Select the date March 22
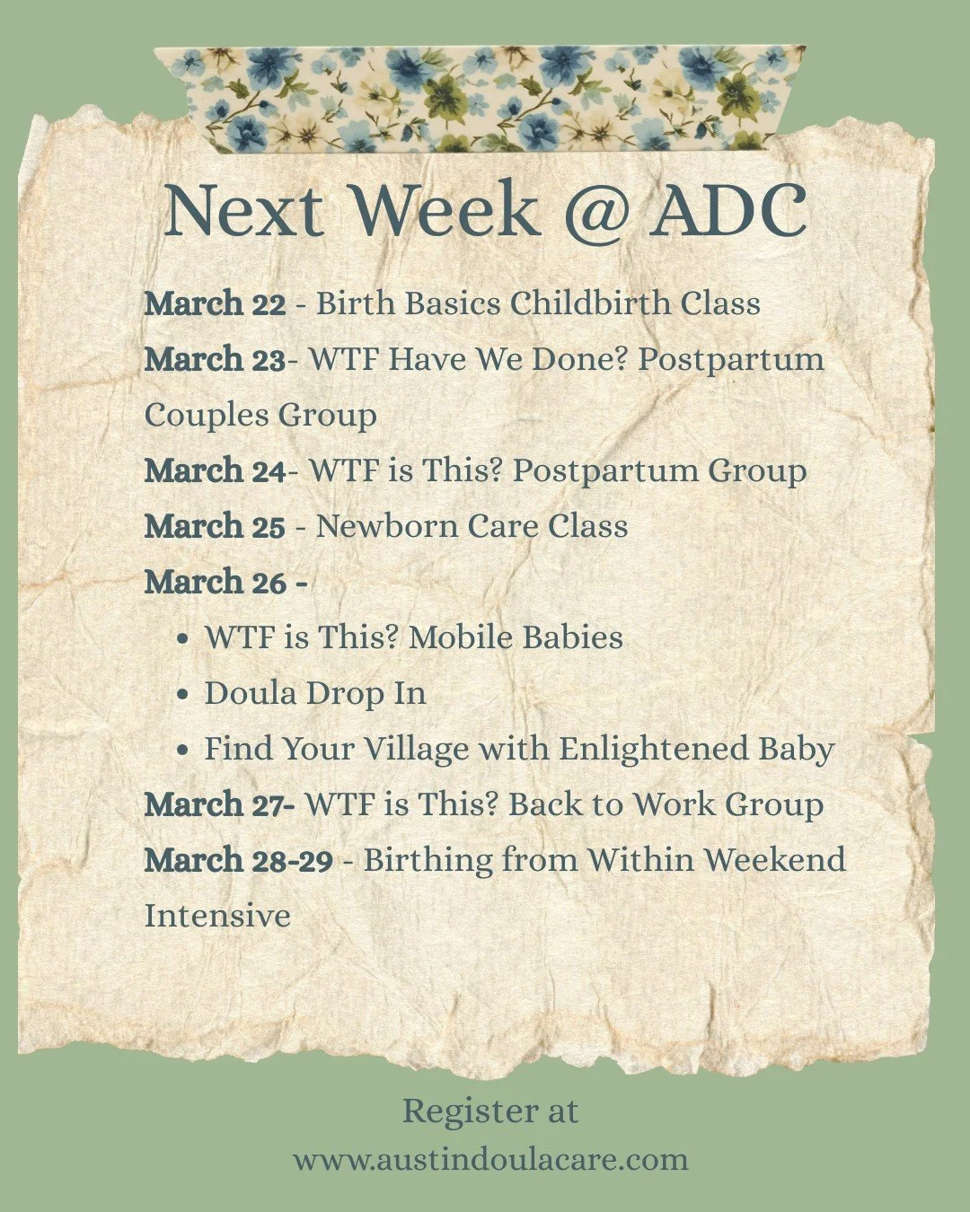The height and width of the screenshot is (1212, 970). pos(215,303)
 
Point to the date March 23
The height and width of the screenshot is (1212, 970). pos(215,359)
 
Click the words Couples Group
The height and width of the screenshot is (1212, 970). pos(260,415)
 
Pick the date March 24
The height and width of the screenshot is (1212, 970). pos(215,470)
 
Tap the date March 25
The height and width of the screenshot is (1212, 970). pos(215,526)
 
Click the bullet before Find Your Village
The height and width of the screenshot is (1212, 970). pos(183,751)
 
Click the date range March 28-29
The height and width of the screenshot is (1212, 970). pos(238,860)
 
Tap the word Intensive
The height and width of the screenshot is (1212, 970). pos(217,916)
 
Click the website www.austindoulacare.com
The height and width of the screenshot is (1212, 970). pos(490,1159)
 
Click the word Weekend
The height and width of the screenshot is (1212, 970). pos(774,860)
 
